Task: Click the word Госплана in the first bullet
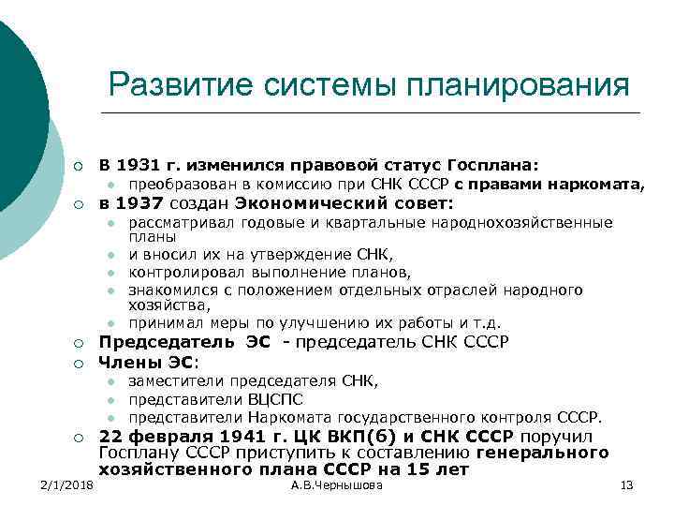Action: click(x=496, y=164)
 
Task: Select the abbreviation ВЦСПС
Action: click(x=272, y=398)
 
